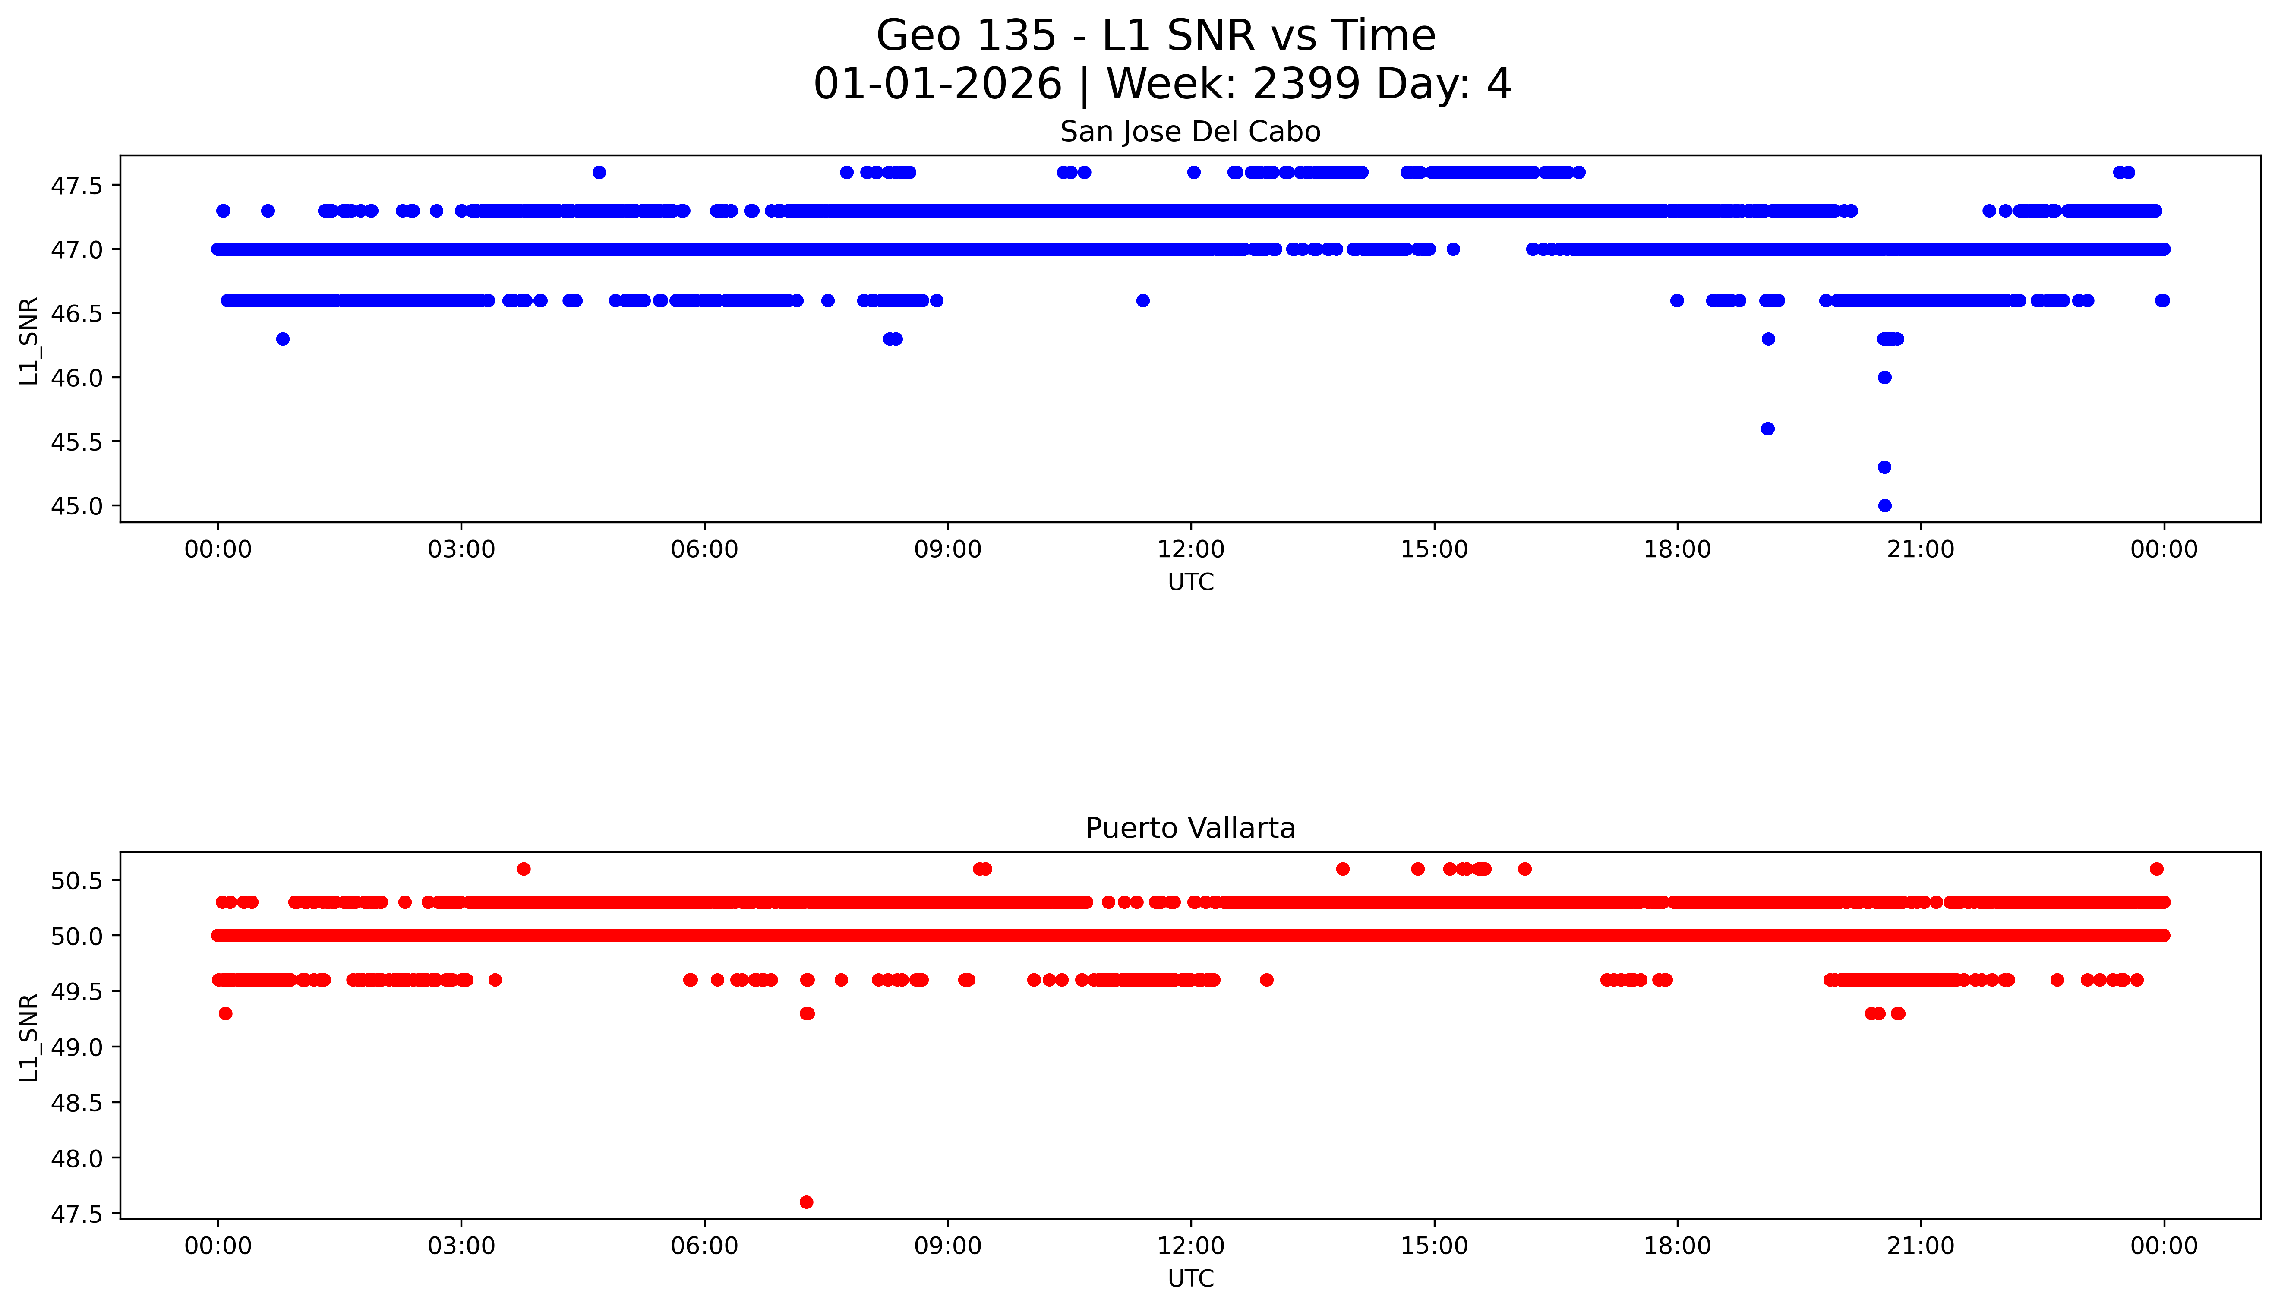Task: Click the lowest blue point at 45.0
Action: (1884, 505)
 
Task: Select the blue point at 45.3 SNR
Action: (1884, 467)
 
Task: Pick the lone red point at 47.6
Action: (806, 1202)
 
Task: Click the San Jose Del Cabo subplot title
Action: (1190, 132)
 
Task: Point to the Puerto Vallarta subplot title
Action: (1190, 828)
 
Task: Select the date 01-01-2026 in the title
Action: (937, 85)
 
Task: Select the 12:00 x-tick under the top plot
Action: (1191, 549)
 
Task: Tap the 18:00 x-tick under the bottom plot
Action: (1678, 1246)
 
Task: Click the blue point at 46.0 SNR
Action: (1884, 378)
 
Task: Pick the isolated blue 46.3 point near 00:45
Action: (282, 339)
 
